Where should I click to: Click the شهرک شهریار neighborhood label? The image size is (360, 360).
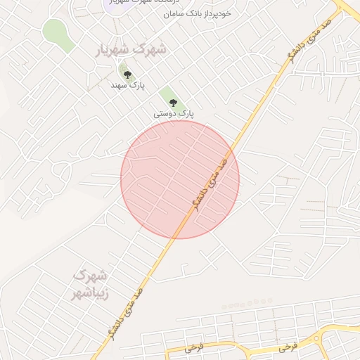click(133, 50)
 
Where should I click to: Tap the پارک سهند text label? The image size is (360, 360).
click(127, 84)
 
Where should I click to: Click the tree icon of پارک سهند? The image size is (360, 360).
click(127, 73)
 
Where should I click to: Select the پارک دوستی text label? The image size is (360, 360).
click(174, 112)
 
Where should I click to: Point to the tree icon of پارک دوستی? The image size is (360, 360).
click(173, 102)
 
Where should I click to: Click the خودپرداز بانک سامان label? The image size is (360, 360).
click(196, 13)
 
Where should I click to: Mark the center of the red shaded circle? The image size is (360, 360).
click(180, 179)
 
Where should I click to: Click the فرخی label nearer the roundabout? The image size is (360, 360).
click(287, 347)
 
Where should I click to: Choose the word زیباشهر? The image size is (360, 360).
click(91, 293)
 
